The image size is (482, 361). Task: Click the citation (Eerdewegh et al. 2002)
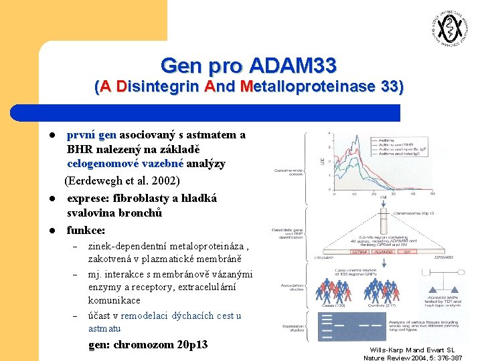pos(123,180)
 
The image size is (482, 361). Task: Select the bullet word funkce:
pos(86,230)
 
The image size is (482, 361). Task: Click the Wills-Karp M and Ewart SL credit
pos(412,350)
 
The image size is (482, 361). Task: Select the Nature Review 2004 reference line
pos(412,358)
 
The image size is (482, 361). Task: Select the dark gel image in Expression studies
pos(348,326)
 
